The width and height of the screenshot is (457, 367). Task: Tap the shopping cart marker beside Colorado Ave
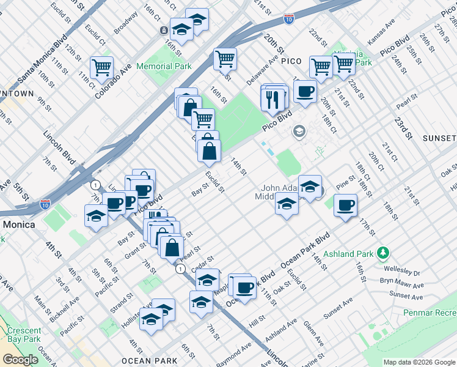click(x=101, y=67)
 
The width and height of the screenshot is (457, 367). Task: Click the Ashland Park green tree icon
click(x=383, y=252)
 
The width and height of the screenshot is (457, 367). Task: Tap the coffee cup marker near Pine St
click(x=346, y=205)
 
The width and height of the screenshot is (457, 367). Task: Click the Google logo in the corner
click(x=20, y=359)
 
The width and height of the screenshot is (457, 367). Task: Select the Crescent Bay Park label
click(x=24, y=334)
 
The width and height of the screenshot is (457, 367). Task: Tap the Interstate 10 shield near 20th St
click(x=289, y=20)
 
